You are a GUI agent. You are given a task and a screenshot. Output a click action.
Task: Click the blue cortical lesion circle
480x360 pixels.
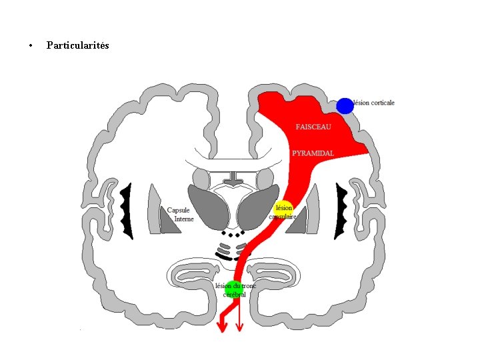(345, 105)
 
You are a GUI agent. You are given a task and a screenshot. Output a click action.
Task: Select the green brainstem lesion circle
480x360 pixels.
(230, 289)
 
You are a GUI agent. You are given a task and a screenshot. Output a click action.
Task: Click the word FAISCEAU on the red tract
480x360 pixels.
(313, 127)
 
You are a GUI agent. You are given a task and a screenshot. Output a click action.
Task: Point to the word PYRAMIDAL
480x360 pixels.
(313, 153)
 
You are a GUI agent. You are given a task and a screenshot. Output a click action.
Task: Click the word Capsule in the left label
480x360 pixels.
(179, 211)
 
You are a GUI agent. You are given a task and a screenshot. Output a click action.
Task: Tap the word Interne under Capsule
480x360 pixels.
(183, 219)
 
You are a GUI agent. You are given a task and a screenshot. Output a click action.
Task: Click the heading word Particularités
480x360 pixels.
(78, 45)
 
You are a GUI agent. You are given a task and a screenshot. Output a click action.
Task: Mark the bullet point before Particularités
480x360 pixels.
(31, 46)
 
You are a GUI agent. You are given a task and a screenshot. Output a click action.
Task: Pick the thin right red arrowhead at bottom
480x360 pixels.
(239, 326)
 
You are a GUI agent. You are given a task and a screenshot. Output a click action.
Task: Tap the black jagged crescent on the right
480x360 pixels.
(341, 211)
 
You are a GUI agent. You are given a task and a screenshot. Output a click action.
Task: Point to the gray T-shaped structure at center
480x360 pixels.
(233, 179)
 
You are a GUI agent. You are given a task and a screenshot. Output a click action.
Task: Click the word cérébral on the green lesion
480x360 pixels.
(234, 295)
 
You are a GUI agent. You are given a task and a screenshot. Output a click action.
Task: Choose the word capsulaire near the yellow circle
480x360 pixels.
(283, 216)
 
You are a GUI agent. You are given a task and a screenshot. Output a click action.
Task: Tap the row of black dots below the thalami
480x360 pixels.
(233, 235)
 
